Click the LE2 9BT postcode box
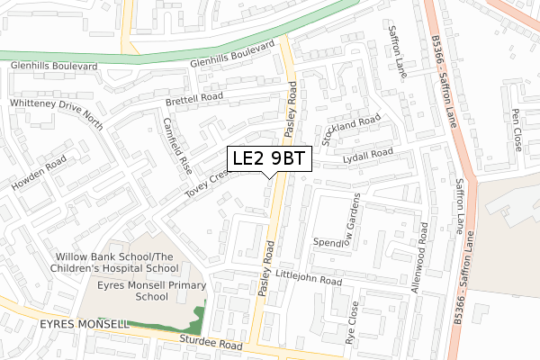click(x=269, y=158)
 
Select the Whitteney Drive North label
click(x=57, y=115)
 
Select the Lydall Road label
click(x=369, y=157)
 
